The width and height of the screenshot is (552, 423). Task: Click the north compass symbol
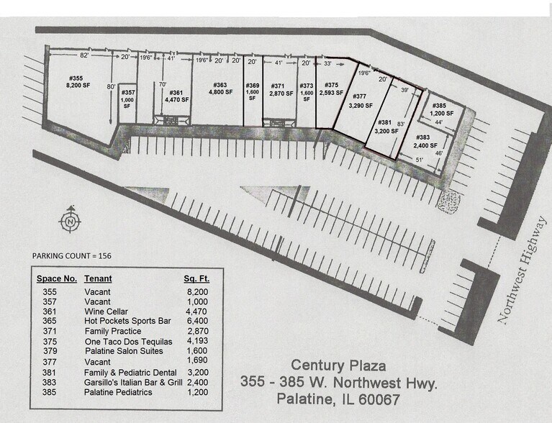pyautogui.click(x=70, y=221)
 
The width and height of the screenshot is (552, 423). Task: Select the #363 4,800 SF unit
pyautogui.click(x=220, y=88)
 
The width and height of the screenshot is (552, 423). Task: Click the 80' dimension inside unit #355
pyautogui.click(x=112, y=88)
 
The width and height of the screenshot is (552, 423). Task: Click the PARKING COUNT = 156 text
pyautogui.click(x=71, y=255)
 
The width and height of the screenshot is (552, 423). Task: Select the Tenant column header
pyautogui.click(x=98, y=278)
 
